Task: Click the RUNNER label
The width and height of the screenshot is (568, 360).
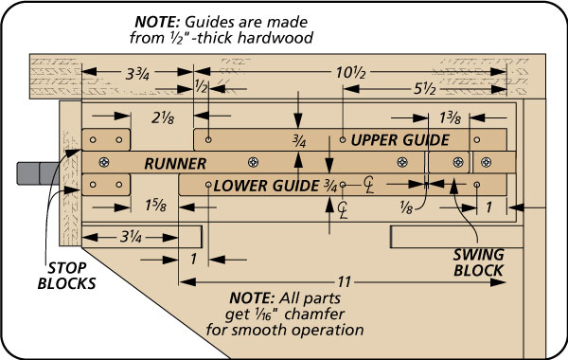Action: pyautogui.click(x=175, y=164)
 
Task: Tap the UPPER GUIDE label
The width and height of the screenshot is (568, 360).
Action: pyautogui.click(x=399, y=140)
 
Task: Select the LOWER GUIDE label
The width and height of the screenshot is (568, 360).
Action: pyautogui.click(x=266, y=186)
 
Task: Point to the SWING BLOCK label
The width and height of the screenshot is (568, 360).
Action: pyautogui.click(x=478, y=262)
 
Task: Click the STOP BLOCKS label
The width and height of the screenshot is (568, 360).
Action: pyautogui.click(x=66, y=276)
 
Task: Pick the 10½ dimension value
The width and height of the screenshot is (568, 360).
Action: pyautogui.click(x=350, y=73)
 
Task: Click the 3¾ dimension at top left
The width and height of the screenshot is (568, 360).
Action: pyautogui.click(x=137, y=74)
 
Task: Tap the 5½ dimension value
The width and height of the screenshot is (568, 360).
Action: pyautogui.click(x=424, y=88)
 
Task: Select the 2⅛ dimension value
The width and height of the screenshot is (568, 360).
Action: pyautogui.click(x=163, y=117)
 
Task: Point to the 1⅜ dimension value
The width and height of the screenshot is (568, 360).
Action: pyautogui.click(x=451, y=118)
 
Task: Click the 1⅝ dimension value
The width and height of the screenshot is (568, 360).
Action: pyautogui.click(x=156, y=206)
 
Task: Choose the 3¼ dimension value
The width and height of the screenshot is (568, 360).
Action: pyautogui.click(x=131, y=238)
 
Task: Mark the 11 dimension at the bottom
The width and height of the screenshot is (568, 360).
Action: pyautogui.click(x=345, y=281)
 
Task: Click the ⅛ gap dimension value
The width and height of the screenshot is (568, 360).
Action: pyautogui.click(x=406, y=207)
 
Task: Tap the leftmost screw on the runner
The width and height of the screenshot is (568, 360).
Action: pyautogui.click(x=104, y=162)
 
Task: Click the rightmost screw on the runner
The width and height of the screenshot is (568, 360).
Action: pyautogui.click(x=487, y=162)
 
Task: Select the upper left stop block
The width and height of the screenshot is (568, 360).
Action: pyautogui.click(x=106, y=139)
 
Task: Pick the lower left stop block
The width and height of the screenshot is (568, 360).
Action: pyautogui.click(x=106, y=185)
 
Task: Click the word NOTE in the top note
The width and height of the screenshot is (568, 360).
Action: pyautogui.click(x=157, y=22)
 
